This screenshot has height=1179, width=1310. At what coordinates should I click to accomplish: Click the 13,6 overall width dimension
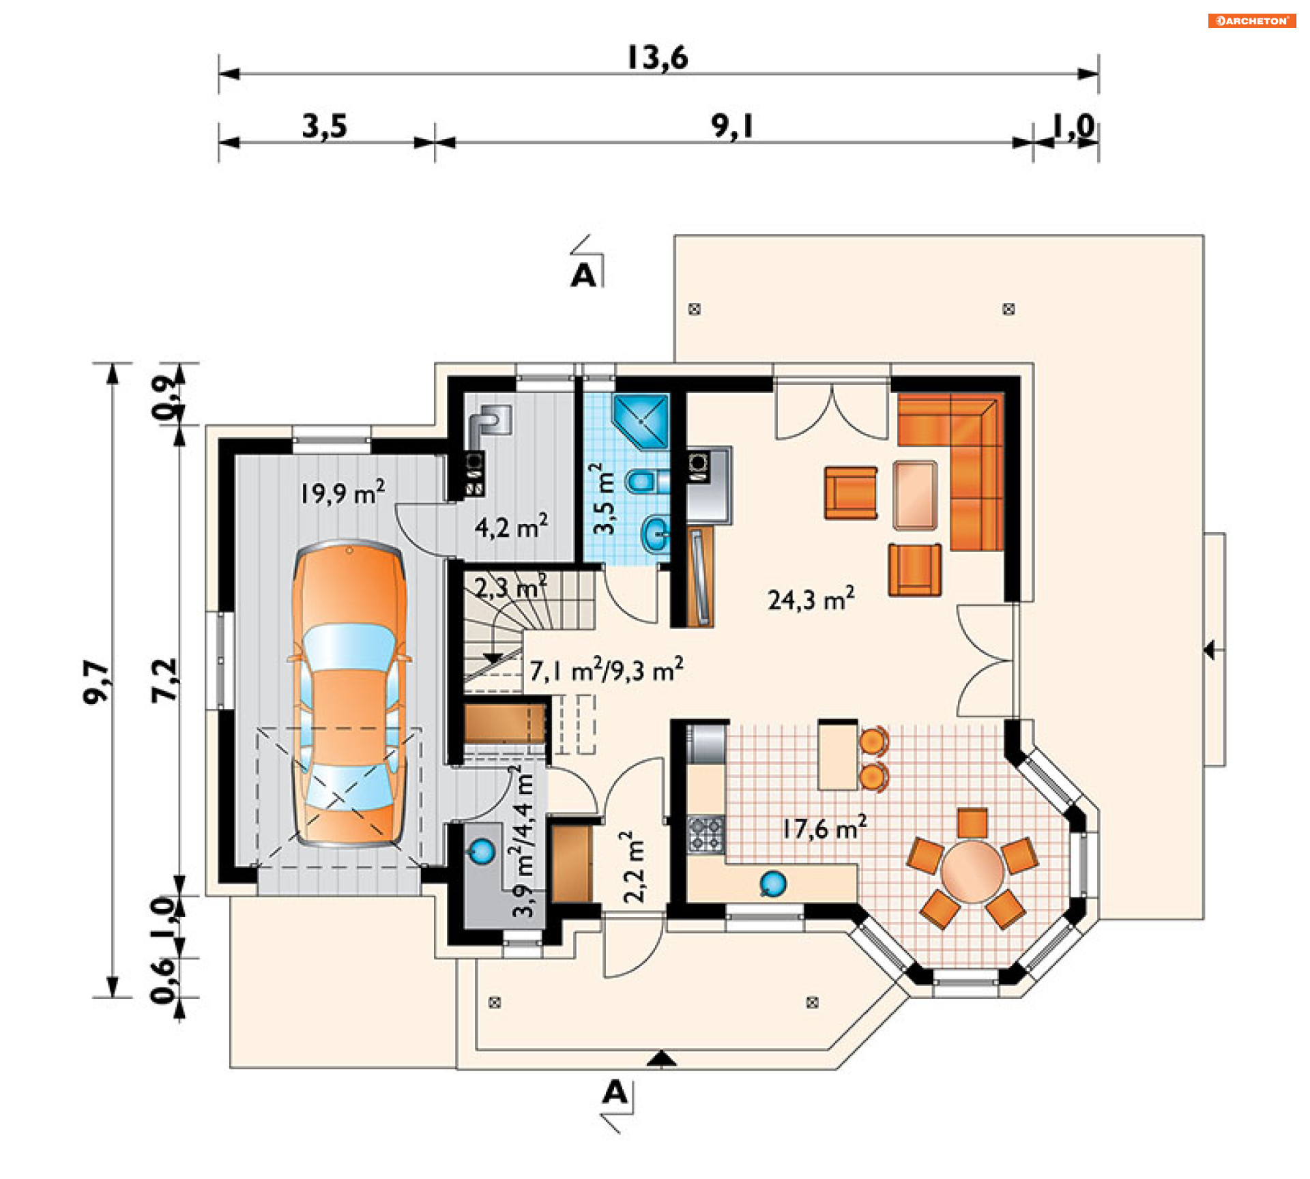pos(657,57)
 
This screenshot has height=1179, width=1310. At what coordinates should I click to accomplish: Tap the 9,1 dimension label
pos(732,126)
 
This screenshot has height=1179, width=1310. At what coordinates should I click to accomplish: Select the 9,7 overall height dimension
pos(96,682)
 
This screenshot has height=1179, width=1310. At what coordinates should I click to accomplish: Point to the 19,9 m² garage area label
pos(343,492)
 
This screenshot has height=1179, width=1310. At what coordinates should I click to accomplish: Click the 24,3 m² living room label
pos(811,598)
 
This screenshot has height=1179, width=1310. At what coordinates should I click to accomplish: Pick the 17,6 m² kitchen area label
pos(824,828)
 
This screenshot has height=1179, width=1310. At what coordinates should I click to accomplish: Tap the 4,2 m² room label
pos(511,526)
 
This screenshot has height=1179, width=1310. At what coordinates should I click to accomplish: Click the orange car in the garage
pos(349,693)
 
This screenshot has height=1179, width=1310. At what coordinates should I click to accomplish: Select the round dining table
pos(972,872)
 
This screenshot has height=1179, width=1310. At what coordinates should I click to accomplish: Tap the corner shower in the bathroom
pos(641,421)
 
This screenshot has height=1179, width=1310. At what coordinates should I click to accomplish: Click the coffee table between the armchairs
pos(915,495)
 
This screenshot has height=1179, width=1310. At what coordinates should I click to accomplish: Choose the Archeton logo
pos(1252,20)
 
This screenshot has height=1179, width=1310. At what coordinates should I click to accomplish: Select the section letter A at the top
pos(583,276)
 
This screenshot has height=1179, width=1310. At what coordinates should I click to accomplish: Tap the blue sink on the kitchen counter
pos(773,884)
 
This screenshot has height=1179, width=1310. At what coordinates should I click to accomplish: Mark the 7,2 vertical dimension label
pos(164,680)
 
